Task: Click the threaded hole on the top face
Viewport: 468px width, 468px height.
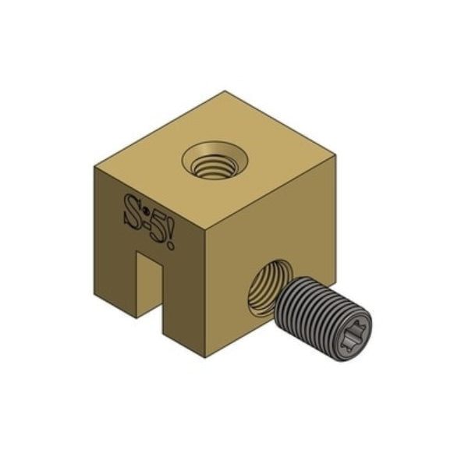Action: tap(214, 161)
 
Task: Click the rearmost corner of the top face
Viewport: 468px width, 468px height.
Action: tap(226, 91)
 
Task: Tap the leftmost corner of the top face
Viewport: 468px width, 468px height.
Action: tap(94, 166)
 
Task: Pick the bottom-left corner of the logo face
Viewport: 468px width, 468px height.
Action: tap(95, 295)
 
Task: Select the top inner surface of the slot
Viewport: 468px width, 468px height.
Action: tap(150, 255)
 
